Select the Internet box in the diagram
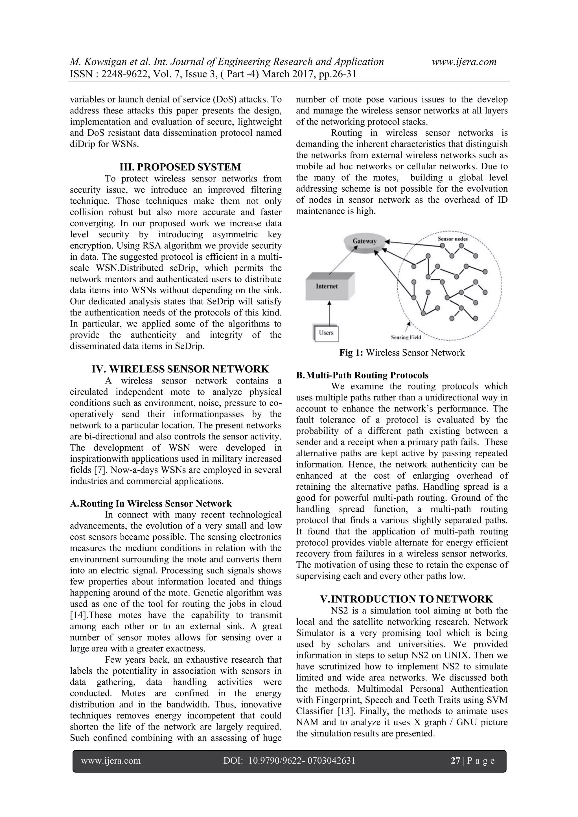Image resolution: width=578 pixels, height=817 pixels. tap(327, 286)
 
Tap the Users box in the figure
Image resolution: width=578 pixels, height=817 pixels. tap(326, 333)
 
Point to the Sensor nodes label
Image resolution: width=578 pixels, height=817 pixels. tap(452, 239)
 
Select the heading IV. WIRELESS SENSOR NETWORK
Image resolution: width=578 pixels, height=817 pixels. tap(180, 369)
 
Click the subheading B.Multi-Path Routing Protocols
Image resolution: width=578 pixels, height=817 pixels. tap(362, 375)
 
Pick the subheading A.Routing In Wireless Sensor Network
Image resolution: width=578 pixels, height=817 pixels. tap(151, 504)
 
